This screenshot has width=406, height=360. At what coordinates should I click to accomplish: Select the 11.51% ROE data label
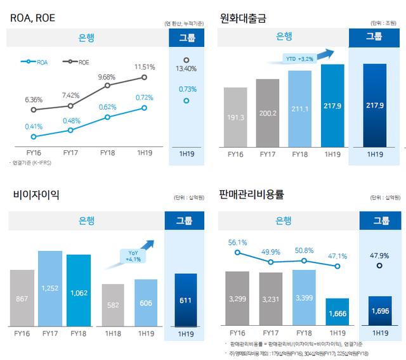145,67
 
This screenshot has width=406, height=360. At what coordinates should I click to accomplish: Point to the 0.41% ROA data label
34,126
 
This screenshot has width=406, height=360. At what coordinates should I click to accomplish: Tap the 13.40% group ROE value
186,68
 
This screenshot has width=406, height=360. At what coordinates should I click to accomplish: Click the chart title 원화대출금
243,18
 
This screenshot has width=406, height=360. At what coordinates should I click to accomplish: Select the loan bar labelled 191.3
235,117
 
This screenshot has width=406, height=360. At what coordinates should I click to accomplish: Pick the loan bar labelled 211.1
300,108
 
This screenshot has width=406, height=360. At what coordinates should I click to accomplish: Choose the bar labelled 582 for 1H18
113,304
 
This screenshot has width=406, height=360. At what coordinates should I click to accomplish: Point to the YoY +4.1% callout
133,255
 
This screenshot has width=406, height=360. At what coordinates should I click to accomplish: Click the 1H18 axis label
113,333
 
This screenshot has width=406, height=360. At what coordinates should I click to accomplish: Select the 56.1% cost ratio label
237,242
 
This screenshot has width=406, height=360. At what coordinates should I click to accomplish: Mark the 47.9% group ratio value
379,255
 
